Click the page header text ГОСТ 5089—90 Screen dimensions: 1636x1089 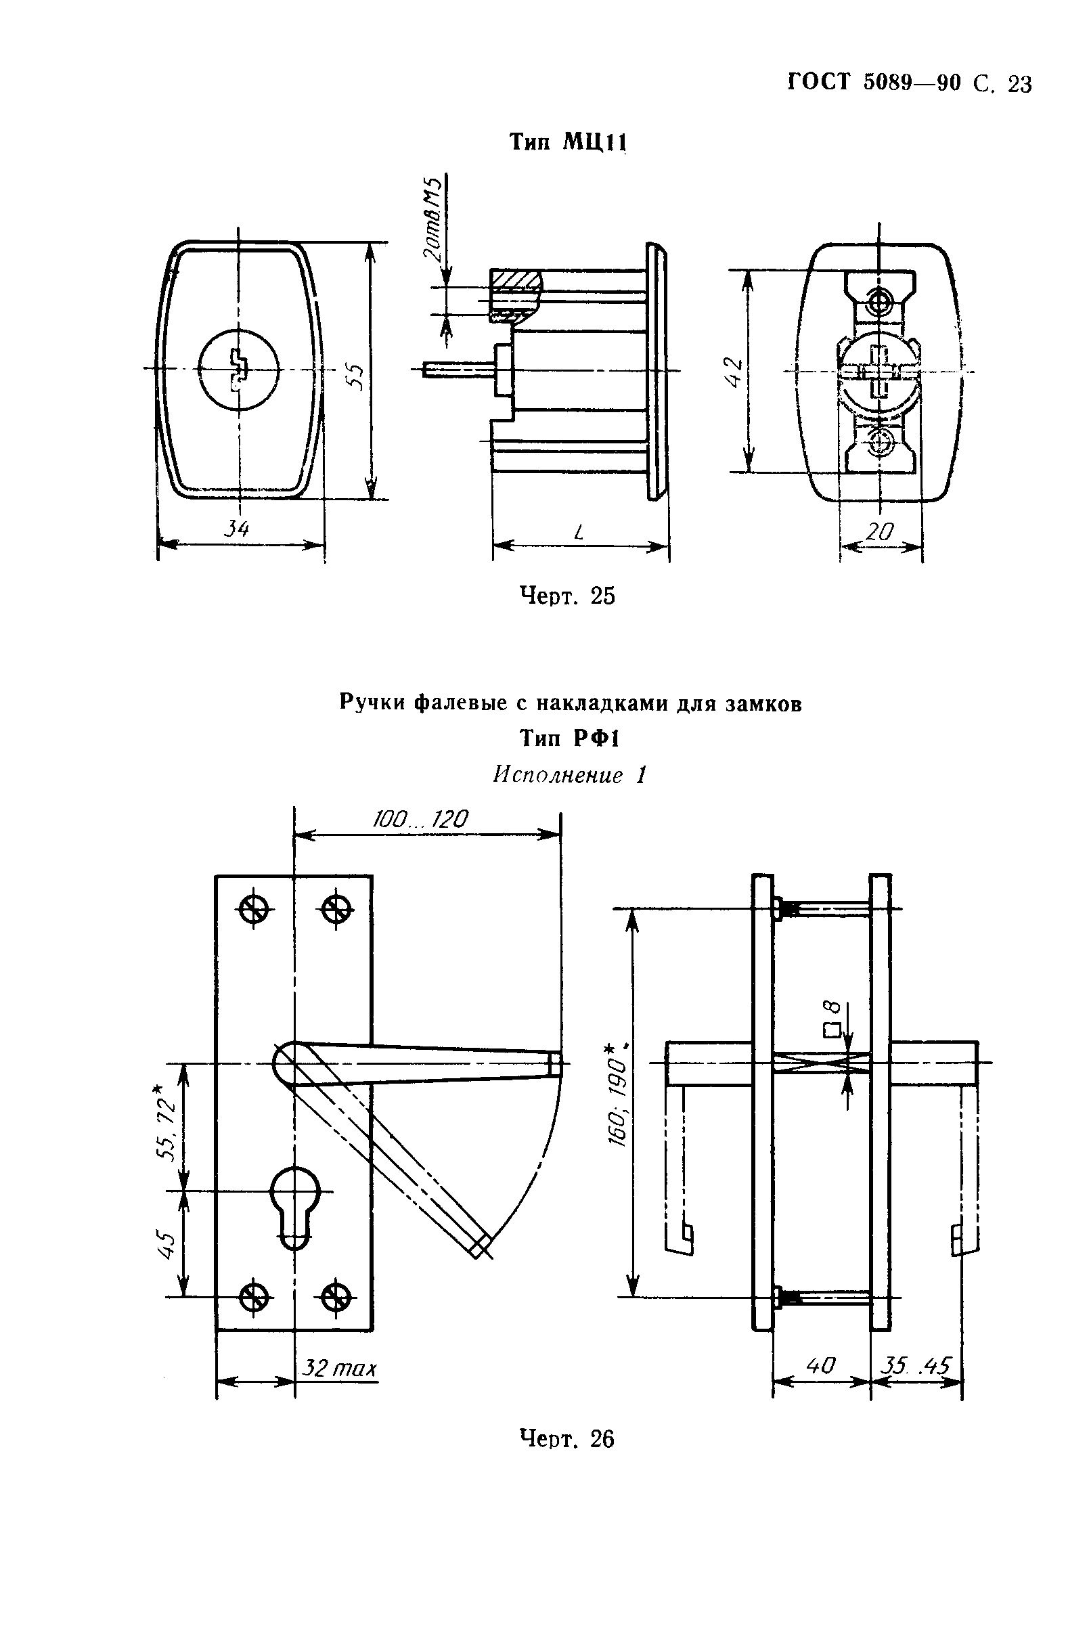coord(875,83)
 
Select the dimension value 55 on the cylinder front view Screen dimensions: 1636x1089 coord(355,378)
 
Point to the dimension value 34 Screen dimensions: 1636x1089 coord(236,529)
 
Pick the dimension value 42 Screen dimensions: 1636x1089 coord(734,372)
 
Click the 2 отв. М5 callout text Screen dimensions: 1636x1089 coord(432,219)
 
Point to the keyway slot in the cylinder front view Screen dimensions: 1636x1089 coord(238,368)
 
